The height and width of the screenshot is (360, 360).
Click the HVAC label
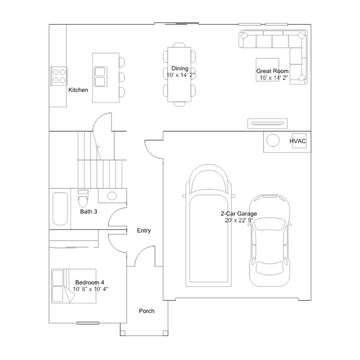(x=298, y=141)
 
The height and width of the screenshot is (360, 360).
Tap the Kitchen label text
(x=78, y=90)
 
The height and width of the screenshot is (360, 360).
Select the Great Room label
(x=273, y=72)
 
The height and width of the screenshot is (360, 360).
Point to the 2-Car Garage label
(x=239, y=214)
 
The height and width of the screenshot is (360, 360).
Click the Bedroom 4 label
(x=90, y=282)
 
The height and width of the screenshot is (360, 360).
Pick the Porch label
(x=146, y=311)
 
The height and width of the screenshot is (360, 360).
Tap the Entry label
(x=144, y=230)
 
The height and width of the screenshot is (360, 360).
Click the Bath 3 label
(x=88, y=212)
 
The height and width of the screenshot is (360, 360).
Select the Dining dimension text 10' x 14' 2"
(x=181, y=75)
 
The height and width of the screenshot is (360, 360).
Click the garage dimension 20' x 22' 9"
(x=239, y=220)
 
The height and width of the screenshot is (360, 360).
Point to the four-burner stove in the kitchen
(x=59, y=75)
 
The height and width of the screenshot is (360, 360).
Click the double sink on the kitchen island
(x=100, y=75)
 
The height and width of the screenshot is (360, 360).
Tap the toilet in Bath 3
(x=83, y=199)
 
